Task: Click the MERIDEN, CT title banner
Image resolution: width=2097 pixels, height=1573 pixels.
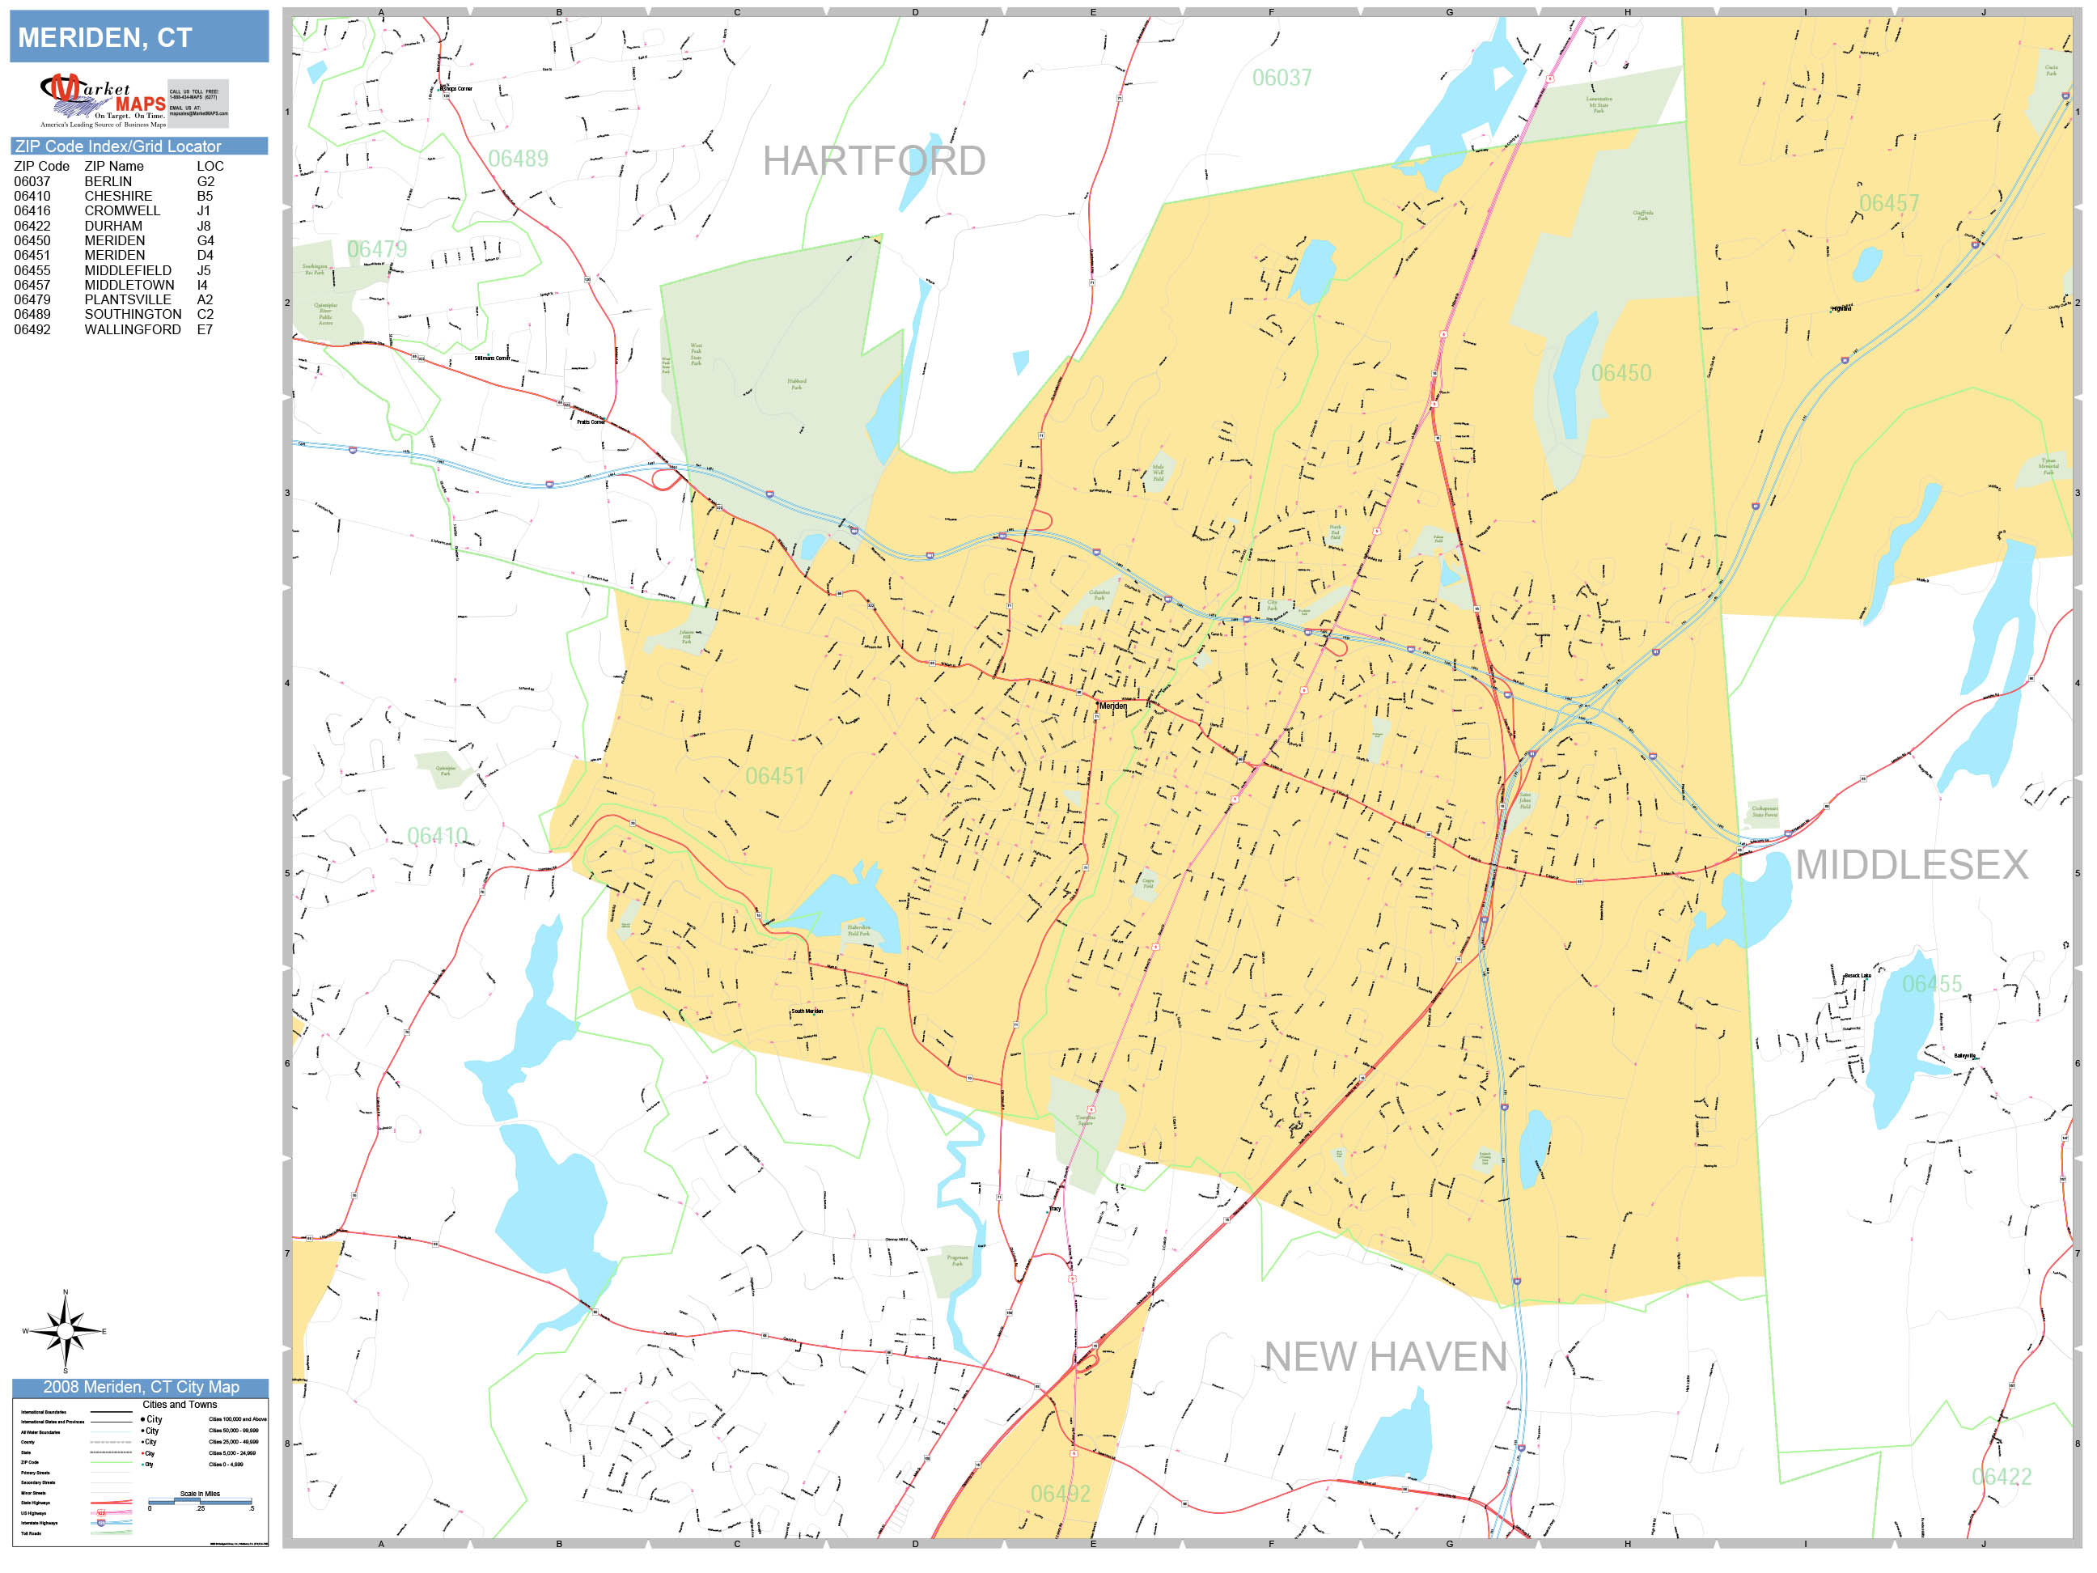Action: [x=138, y=37]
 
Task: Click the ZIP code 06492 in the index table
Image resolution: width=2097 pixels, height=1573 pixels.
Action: [x=32, y=330]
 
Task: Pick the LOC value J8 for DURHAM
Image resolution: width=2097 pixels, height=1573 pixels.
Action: [x=204, y=226]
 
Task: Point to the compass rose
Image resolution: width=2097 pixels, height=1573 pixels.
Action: [x=65, y=1331]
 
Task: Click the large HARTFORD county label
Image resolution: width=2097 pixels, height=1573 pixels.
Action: [x=873, y=161]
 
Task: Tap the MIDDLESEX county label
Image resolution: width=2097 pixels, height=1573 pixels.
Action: [x=1911, y=865]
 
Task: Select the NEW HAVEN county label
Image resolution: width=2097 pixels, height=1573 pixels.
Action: [x=1384, y=1357]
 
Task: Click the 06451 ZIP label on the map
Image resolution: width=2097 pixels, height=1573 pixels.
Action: [x=774, y=777]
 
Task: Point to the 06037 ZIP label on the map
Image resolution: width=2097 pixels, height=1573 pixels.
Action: [x=1281, y=78]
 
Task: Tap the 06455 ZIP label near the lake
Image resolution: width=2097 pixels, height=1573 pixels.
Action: [x=1931, y=984]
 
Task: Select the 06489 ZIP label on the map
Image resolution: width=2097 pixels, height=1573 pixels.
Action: [x=518, y=159]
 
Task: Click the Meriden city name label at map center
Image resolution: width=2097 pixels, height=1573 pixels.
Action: [x=1113, y=706]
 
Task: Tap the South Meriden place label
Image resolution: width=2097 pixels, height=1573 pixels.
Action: [x=807, y=1011]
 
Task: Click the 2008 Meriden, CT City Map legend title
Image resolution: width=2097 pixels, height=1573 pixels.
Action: [x=140, y=1387]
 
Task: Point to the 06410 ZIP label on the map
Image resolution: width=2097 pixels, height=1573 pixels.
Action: [x=437, y=835]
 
